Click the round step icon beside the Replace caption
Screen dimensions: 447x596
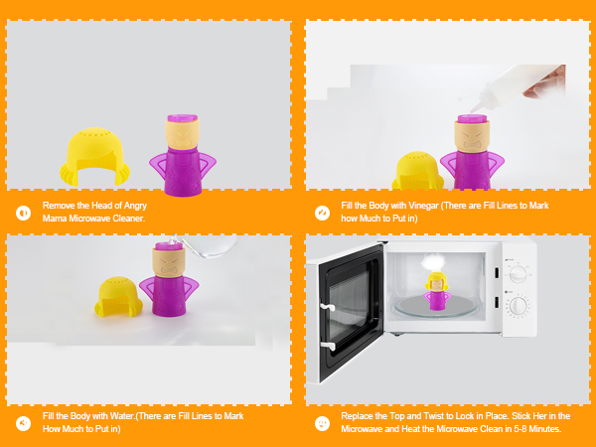[322, 422]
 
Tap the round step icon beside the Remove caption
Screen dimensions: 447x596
[23, 213]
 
